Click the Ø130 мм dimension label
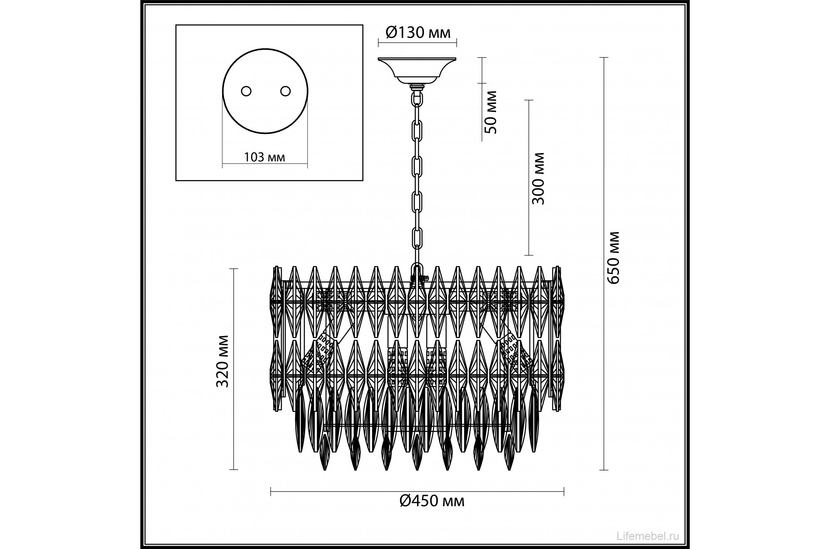point(418,32)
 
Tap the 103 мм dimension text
point(264,157)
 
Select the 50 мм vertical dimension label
point(492,111)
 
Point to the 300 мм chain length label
point(539,178)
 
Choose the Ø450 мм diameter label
point(432,501)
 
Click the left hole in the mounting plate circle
point(246,91)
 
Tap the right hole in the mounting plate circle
point(285,91)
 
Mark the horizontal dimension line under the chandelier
point(417,492)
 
